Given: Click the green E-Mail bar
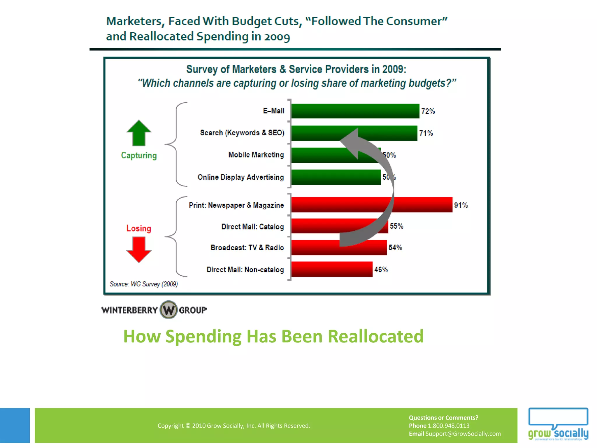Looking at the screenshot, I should (355, 111).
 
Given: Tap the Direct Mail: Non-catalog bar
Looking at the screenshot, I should (332, 269).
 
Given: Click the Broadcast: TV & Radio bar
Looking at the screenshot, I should (315, 247).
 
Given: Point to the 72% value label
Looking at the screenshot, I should (428, 111).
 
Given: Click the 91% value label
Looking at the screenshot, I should (461, 205).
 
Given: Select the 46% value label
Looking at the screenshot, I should (381, 269).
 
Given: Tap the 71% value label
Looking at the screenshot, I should (426, 133).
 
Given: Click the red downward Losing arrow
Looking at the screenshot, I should (139, 249).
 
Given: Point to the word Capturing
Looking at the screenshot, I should (139, 155).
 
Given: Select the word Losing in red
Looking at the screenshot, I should (139, 228).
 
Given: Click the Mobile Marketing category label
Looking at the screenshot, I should (256, 155).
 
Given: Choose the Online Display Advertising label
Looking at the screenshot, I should (240, 177).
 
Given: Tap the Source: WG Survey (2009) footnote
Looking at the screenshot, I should (144, 284).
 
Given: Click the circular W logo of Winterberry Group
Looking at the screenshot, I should (168, 309).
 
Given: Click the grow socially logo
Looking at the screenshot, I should (558, 424).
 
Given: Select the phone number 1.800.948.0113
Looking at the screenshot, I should (448, 426).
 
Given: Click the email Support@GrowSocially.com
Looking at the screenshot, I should (463, 434).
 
